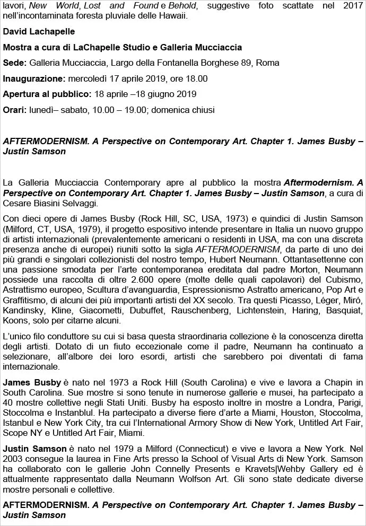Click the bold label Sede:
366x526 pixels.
[14, 63]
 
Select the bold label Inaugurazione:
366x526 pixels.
[33, 78]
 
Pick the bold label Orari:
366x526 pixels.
[15, 110]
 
